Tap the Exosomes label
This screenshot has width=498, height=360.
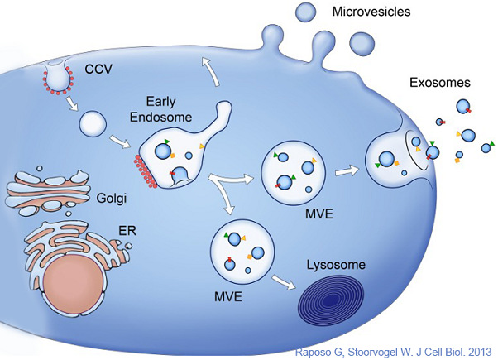coord(438,83)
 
